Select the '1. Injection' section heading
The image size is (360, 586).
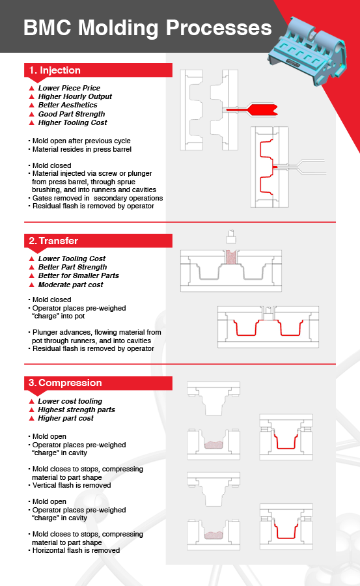(55, 70)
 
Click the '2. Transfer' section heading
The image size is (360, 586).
(54, 241)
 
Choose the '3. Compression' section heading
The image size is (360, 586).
(65, 384)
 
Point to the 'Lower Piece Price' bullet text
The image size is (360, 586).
(69, 88)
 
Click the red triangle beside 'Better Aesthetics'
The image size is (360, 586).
(31, 105)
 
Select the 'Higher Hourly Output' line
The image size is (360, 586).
(75, 96)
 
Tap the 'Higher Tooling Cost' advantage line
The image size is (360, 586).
(72, 122)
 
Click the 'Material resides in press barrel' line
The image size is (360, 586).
(82, 149)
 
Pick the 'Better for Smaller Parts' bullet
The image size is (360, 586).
(78, 275)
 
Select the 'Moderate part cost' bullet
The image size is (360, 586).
(70, 285)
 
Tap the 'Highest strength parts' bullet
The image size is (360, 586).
(76, 410)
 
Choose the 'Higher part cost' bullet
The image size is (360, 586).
(66, 418)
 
